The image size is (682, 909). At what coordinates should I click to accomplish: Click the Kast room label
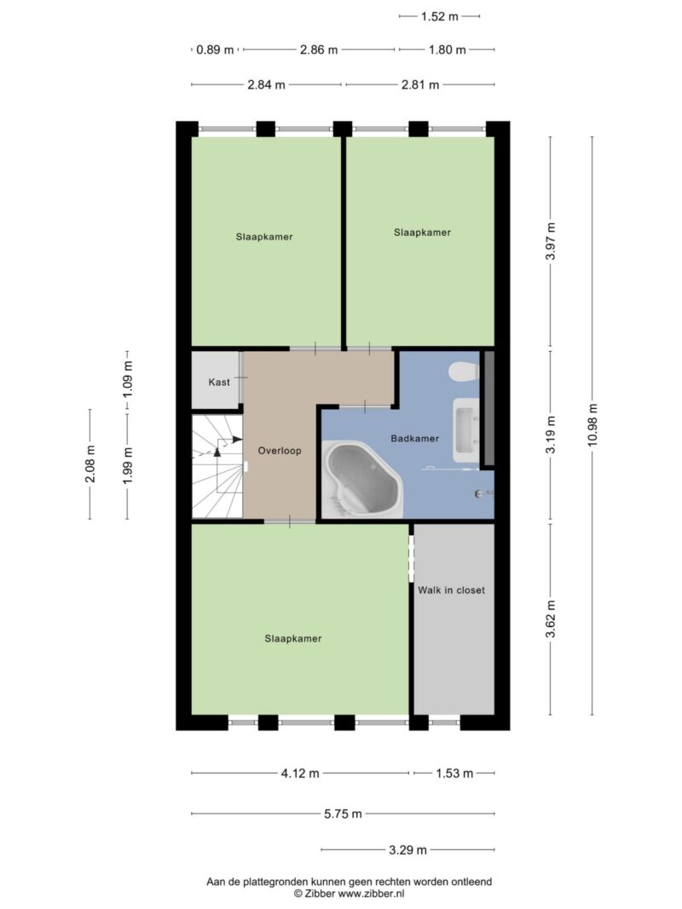coord(219,382)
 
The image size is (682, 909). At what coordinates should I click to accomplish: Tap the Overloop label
coord(280,451)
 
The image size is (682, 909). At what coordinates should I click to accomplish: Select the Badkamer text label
coord(414,438)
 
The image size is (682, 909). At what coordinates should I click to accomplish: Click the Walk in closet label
coord(451,590)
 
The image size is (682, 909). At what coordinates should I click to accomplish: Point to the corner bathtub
coord(362,478)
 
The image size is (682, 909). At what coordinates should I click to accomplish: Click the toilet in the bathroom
coord(464,371)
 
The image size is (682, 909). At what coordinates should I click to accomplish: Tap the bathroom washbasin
coord(466,429)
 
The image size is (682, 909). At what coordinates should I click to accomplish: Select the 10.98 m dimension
coord(592,425)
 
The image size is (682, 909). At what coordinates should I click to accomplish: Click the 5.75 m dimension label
coord(343,814)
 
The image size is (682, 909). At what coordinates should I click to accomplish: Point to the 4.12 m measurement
coord(300,774)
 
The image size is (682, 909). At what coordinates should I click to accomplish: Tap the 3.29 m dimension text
coord(407,850)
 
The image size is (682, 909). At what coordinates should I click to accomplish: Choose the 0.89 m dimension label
coord(215,50)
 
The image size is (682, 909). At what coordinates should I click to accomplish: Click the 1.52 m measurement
coord(440,16)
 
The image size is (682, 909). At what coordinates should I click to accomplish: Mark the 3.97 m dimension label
coord(551,241)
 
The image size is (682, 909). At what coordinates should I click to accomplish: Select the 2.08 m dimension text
coord(90,463)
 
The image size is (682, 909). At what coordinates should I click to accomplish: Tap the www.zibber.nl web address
coord(371,894)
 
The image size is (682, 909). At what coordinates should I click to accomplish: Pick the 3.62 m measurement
coord(551,619)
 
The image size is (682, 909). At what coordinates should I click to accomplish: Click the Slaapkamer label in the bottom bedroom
coord(293,638)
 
